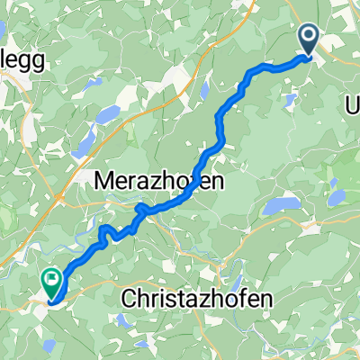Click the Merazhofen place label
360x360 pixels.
click(x=159, y=180)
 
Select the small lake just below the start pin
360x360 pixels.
click(x=291, y=96)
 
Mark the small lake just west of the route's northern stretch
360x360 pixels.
click(x=206, y=90)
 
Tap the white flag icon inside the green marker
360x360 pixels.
click(x=53, y=281)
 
